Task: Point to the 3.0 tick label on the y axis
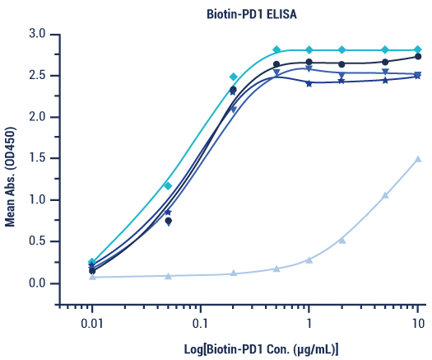point(35,34)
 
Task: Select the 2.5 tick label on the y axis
point(35,76)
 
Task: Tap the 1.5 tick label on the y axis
point(35,159)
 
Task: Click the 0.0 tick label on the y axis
point(35,283)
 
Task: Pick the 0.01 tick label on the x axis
point(92,316)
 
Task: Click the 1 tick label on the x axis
point(309,316)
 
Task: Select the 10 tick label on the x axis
point(417,316)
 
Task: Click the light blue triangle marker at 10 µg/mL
point(418,159)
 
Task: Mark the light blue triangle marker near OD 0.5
point(342,241)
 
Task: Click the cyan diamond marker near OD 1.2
point(168,185)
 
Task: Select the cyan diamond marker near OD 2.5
point(233,77)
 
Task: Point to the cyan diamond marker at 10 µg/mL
point(418,49)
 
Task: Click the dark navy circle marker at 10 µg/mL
point(418,56)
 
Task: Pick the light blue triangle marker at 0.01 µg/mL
point(92,277)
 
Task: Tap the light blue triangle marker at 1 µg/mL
point(309,259)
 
